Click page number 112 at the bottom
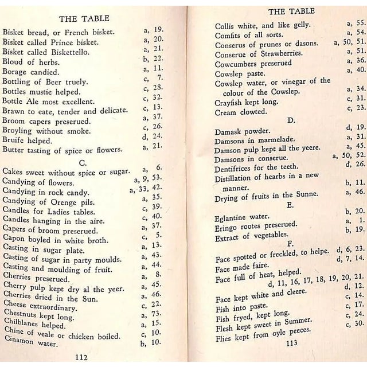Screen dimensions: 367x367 [x=80, y=357]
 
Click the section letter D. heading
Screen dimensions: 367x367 [x=291, y=121]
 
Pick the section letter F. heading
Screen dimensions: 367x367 [x=290, y=243]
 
